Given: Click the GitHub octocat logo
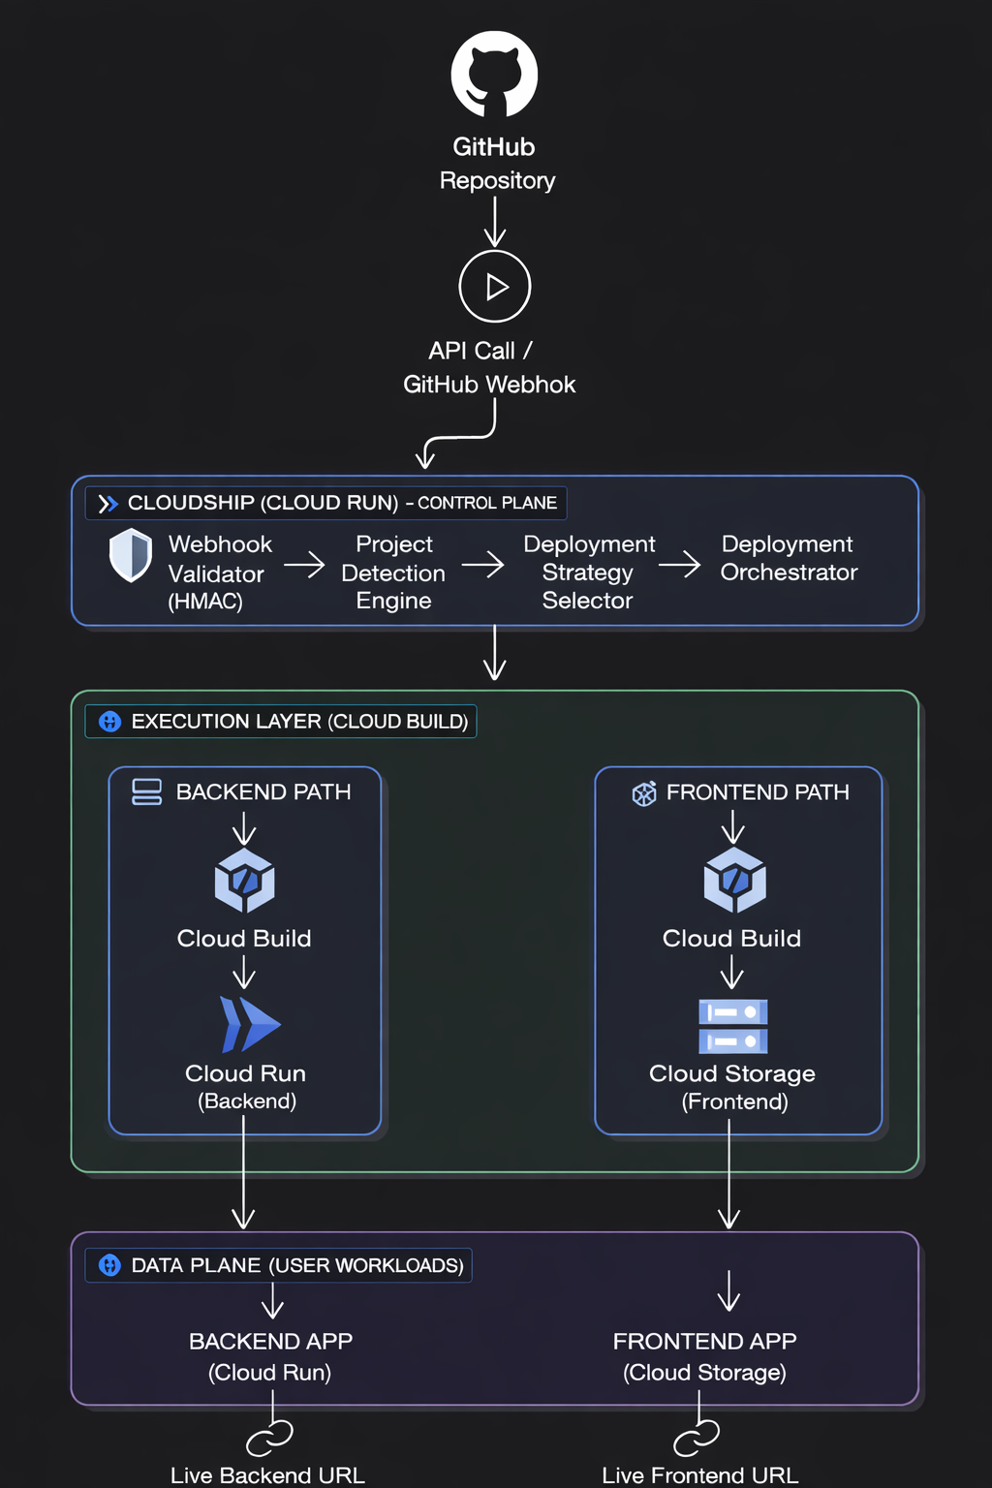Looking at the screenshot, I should point(494,75).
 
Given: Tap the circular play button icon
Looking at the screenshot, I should point(495,287).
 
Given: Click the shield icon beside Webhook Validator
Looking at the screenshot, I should point(131,555).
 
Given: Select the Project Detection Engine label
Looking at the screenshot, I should point(393,573).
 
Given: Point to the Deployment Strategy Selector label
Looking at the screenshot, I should point(588,573).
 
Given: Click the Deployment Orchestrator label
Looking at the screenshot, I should point(789,558).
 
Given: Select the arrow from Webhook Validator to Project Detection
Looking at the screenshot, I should point(304,564).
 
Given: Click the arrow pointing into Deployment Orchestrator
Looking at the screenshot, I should point(679,564).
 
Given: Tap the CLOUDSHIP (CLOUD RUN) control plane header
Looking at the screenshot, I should point(326,503).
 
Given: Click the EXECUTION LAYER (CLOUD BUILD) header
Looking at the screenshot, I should point(281,722).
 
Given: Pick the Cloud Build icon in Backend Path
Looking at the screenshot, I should point(244,881).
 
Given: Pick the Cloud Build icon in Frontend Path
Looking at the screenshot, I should point(734,881).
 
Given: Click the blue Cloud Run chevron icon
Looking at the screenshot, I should point(249,1024).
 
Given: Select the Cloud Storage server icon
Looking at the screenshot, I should point(733,1026).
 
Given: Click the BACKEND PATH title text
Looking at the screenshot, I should point(263,792).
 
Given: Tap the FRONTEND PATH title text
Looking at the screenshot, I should point(757,792).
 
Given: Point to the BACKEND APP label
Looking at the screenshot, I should point(270,1342).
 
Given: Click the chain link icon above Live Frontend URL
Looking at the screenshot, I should point(697,1437).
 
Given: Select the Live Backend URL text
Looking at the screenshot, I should point(267,1475).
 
